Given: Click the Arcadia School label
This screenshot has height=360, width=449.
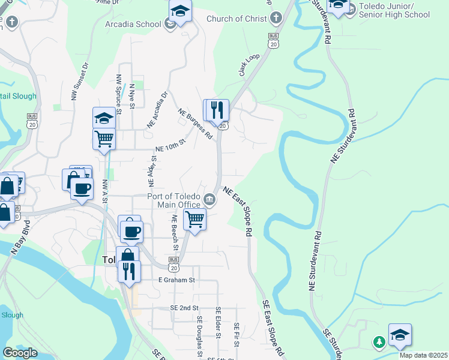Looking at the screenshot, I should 133,24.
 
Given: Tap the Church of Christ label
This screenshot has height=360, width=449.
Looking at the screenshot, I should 237,19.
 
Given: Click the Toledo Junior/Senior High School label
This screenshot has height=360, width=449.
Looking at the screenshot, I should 394,11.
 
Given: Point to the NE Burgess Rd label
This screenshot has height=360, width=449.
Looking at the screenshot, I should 196,124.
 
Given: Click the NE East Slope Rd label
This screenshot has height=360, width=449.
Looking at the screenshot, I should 237,211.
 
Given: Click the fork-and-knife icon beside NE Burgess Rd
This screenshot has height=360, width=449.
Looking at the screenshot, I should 218,110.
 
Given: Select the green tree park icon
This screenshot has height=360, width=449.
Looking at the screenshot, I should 379,342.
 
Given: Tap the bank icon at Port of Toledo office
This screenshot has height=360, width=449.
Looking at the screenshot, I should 209,199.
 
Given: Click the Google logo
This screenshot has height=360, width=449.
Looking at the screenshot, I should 20,353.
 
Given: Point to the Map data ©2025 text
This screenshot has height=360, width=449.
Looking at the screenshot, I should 423,355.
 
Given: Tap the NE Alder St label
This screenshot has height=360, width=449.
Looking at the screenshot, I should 152,169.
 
